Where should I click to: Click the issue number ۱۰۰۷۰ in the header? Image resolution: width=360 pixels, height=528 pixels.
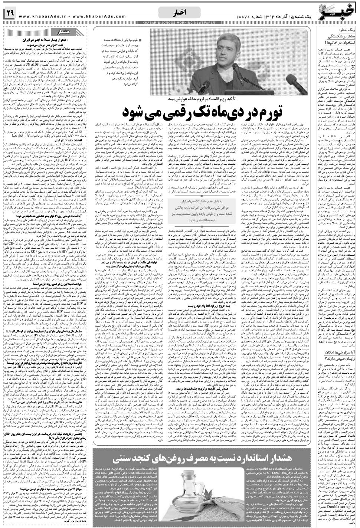pyautogui.click(x=245, y=17)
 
